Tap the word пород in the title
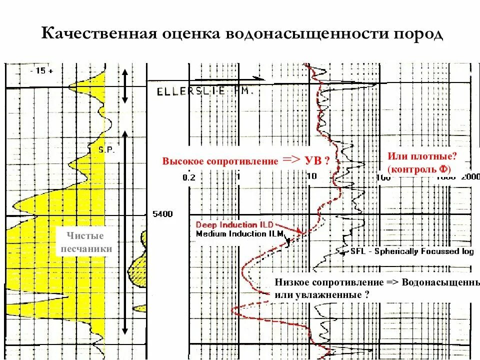(418, 33)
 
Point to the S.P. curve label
(105, 149)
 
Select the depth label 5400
(162, 214)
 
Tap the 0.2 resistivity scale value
(188, 177)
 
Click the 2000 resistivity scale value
(470, 176)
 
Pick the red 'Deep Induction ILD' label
(232, 225)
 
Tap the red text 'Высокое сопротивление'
(219, 161)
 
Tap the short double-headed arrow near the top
(125, 85)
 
